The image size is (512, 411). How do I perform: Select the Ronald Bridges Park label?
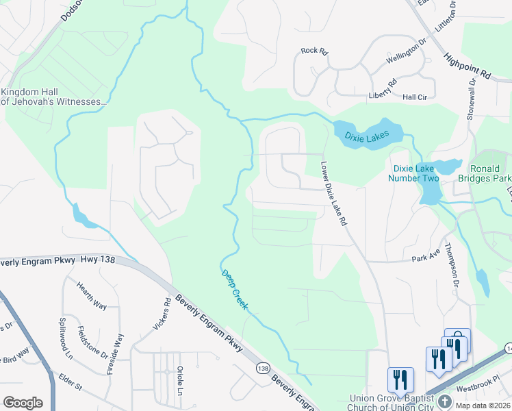pyautogui.click(x=490, y=173)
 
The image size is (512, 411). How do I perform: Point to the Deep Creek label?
pyautogui.click(x=234, y=290)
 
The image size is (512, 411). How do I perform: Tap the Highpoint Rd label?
pyautogui.click(x=468, y=66)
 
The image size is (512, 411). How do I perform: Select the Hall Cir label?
pyautogui.click(x=415, y=97)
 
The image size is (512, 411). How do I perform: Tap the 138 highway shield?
pyautogui.click(x=262, y=369)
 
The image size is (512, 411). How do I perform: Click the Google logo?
pyautogui.click(x=23, y=403)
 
